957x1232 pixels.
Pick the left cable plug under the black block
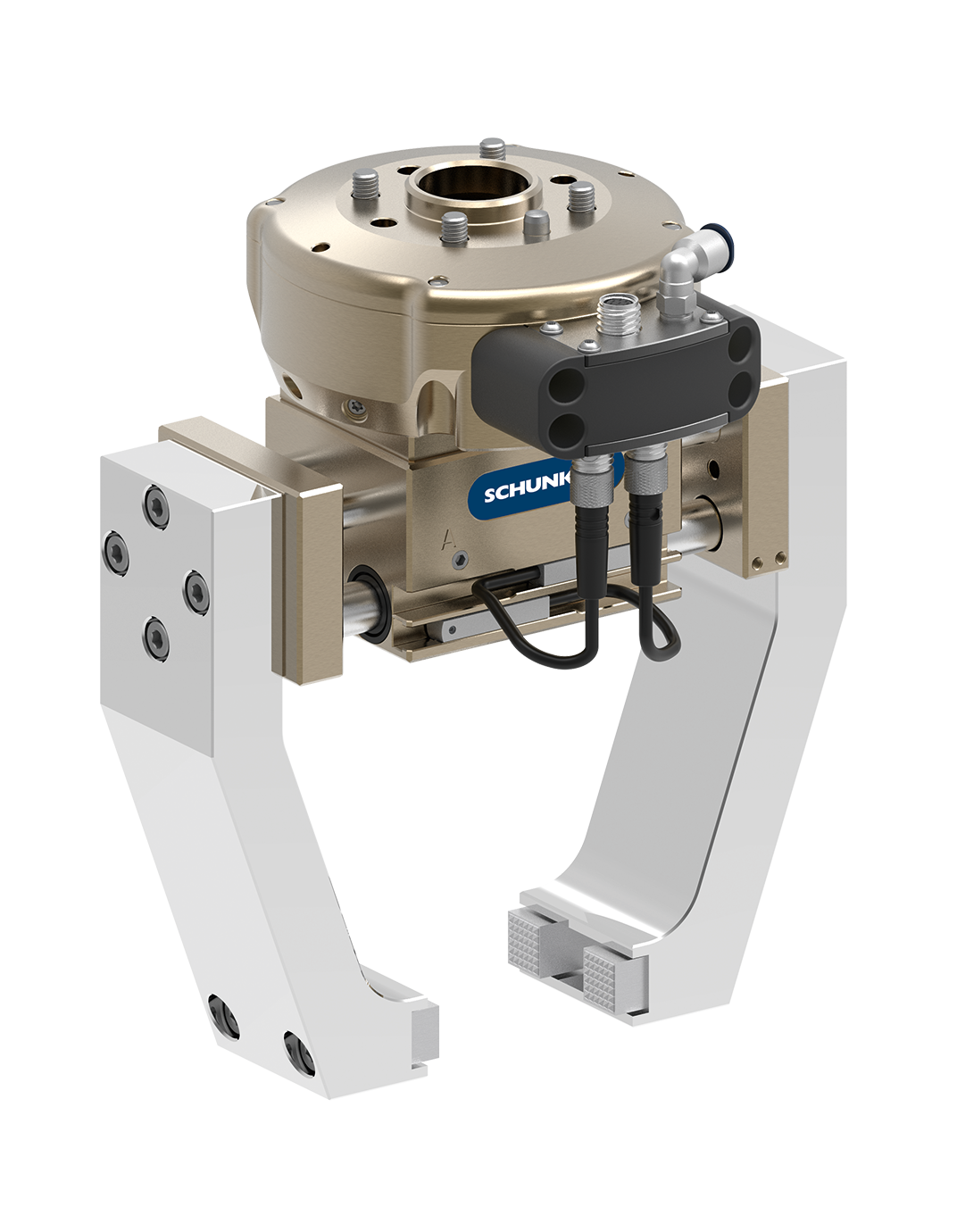click(595, 477)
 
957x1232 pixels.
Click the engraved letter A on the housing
click(447, 540)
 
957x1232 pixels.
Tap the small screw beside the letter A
click(460, 559)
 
